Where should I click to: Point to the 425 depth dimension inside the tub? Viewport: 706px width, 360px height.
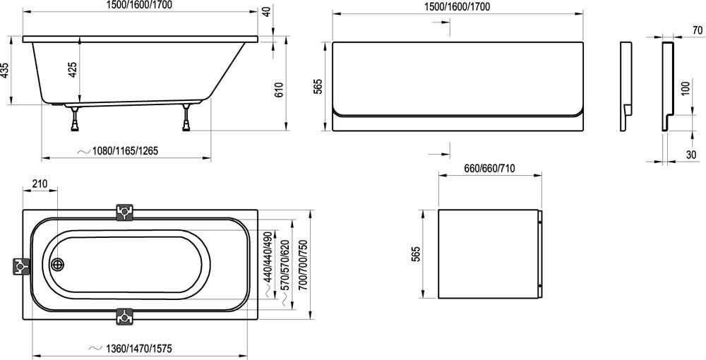pos(73,69)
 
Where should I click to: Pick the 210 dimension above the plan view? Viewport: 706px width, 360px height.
pos(40,184)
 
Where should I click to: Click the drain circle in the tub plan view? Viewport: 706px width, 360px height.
pos(57,265)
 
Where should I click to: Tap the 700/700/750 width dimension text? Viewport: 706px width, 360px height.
pos(303,265)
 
